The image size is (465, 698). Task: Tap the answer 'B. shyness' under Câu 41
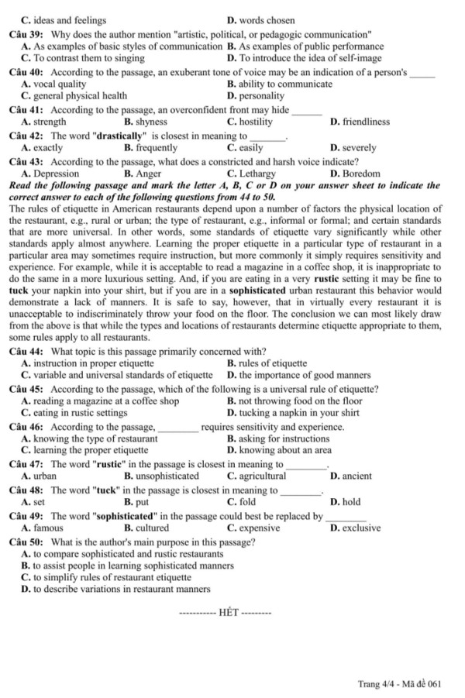point(145,122)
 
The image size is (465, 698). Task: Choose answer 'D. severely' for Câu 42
point(353,147)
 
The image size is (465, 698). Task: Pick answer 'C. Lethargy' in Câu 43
point(250,174)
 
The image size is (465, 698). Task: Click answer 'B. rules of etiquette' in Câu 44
point(267,363)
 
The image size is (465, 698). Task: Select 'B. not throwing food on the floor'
point(294,401)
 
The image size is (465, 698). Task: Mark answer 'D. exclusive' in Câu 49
point(355,528)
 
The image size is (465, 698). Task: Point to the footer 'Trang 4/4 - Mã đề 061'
point(400,684)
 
